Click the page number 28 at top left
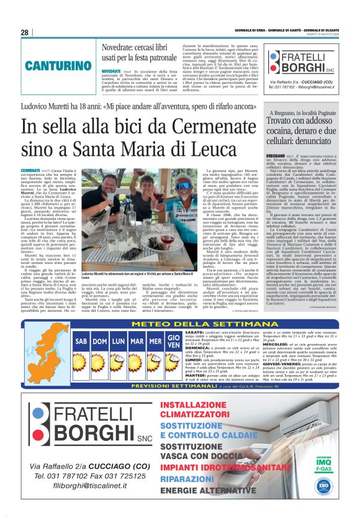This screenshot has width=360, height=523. click(24, 32)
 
